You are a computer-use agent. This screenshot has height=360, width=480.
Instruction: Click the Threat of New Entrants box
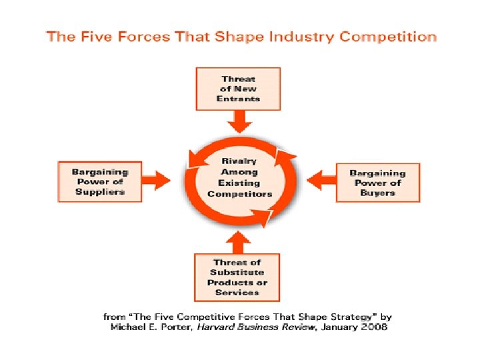point(238,89)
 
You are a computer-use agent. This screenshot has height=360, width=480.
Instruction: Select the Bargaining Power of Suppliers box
point(99,181)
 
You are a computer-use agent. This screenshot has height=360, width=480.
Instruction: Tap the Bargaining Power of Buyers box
point(377,183)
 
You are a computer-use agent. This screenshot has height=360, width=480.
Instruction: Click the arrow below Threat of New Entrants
point(238,121)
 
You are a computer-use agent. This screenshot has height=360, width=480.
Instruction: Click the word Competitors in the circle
point(240,194)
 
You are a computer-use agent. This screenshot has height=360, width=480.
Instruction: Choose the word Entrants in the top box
point(238,99)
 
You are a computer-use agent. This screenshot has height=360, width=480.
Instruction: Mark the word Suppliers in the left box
point(99,191)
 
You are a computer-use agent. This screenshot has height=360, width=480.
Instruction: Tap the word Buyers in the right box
point(377,193)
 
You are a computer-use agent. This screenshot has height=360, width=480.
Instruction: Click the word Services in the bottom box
point(237,292)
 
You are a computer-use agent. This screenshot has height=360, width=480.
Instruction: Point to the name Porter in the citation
point(170,327)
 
